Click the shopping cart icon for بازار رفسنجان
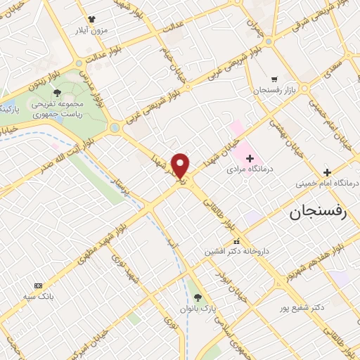[274, 79]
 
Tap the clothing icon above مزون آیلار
[90, 20]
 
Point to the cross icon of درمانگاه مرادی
[250, 158]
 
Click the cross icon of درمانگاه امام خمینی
[326, 172]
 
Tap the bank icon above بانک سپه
[38, 285]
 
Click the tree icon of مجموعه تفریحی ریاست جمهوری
[57, 93]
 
